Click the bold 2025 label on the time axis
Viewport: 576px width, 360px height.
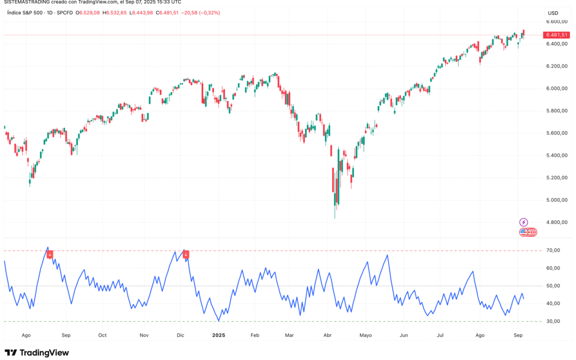pyautogui.click(x=219, y=335)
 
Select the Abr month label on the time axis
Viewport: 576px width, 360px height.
pyautogui.click(x=328, y=335)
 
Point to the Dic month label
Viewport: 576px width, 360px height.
pyautogui.click(x=180, y=335)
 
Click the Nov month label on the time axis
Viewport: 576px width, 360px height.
pyautogui.click(x=144, y=335)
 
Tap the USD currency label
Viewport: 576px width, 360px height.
pyautogui.click(x=553, y=13)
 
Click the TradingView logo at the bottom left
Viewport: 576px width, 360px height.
pyautogui.click(x=37, y=353)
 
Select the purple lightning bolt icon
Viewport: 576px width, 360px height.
pyautogui.click(x=524, y=222)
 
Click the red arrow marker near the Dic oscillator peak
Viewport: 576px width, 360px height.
pyautogui.click(x=186, y=255)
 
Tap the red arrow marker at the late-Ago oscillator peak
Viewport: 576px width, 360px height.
pyautogui.click(x=50, y=255)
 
